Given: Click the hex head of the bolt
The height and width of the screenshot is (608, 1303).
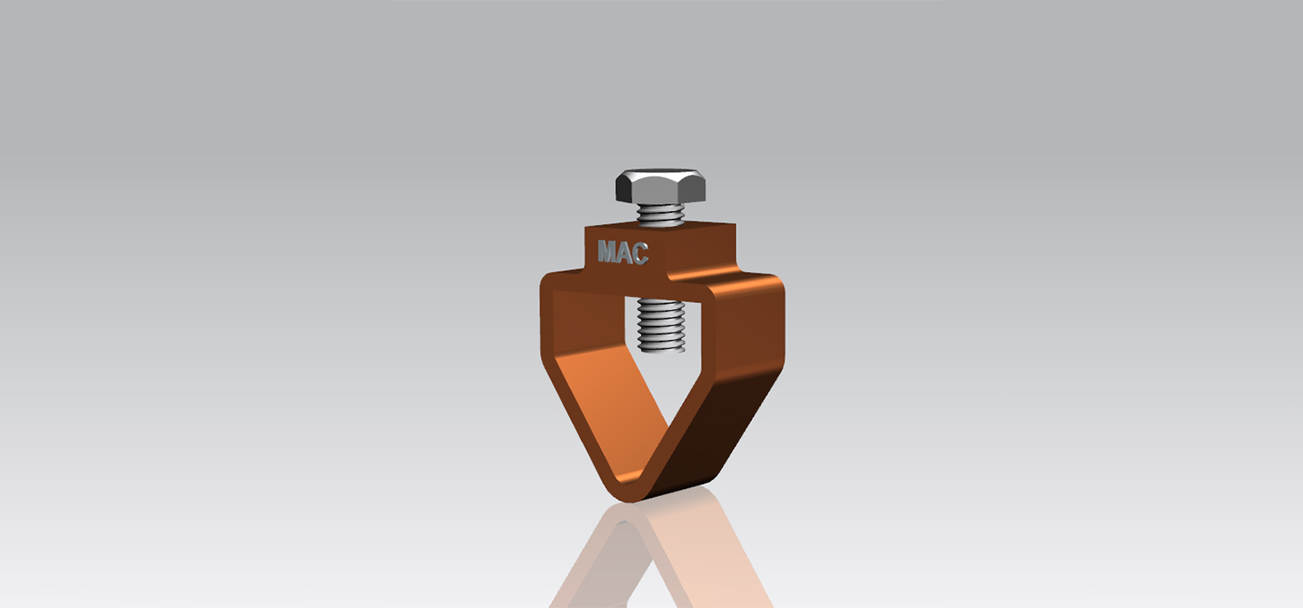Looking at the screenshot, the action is [660, 186].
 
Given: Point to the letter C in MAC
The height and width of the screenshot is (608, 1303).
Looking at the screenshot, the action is [640, 254].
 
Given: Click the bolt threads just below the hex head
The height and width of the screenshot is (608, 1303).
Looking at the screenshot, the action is [661, 215].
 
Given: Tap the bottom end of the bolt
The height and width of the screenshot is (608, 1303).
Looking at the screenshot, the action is [662, 349].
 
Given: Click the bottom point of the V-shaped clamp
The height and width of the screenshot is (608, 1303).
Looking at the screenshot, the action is [628, 498].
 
